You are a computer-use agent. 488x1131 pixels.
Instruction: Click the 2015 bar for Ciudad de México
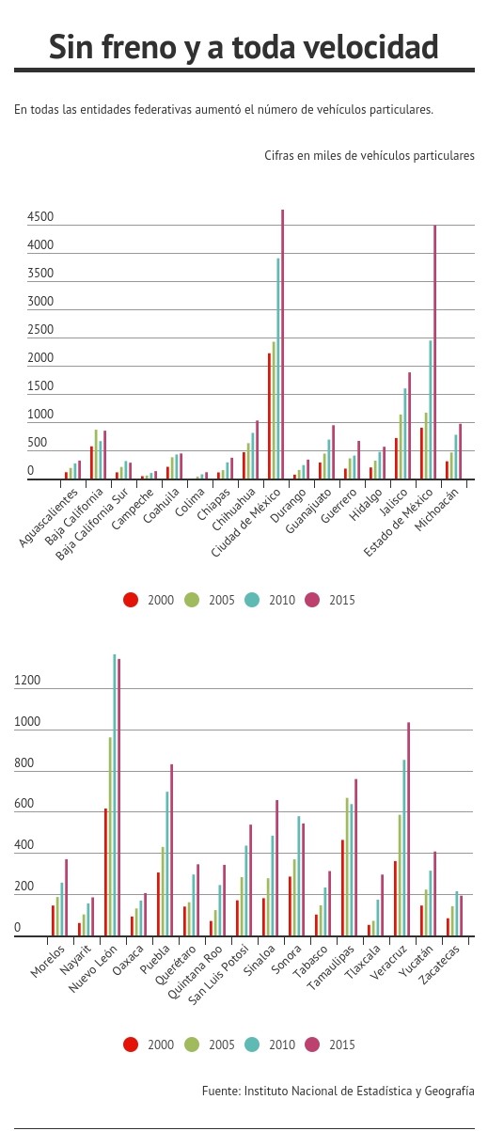(x=282, y=344)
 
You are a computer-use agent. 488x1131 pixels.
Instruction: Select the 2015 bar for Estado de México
(x=434, y=352)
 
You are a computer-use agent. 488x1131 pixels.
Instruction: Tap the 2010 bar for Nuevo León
(x=114, y=795)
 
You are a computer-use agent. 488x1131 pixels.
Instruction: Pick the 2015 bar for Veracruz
(x=408, y=829)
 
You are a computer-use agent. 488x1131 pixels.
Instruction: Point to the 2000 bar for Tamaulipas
(x=342, y=888)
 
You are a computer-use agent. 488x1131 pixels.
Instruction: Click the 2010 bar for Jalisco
(x=404, y=433)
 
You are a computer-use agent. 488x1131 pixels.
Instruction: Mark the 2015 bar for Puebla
(x=171, y=850)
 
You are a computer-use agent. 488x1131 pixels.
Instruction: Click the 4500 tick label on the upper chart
(x=40, y=216)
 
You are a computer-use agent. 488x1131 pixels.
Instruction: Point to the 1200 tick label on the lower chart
(x=27, y=680)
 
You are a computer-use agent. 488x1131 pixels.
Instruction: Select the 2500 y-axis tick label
(x=40, y=330)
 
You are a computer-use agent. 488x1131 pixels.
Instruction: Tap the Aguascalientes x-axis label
(x=49, y=517)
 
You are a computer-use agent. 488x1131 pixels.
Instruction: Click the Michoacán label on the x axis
(x=436, y=510)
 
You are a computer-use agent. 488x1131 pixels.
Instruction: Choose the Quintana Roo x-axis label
(x=195, y=972)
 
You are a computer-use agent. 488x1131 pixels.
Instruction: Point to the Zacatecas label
(x=439, y=965)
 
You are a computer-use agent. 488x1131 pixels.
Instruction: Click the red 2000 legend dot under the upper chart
(x=131, y=599)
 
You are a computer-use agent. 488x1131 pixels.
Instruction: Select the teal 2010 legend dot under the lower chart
(x=252, y=1044)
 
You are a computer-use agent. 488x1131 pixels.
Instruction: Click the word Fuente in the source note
(x=221, y=1091)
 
